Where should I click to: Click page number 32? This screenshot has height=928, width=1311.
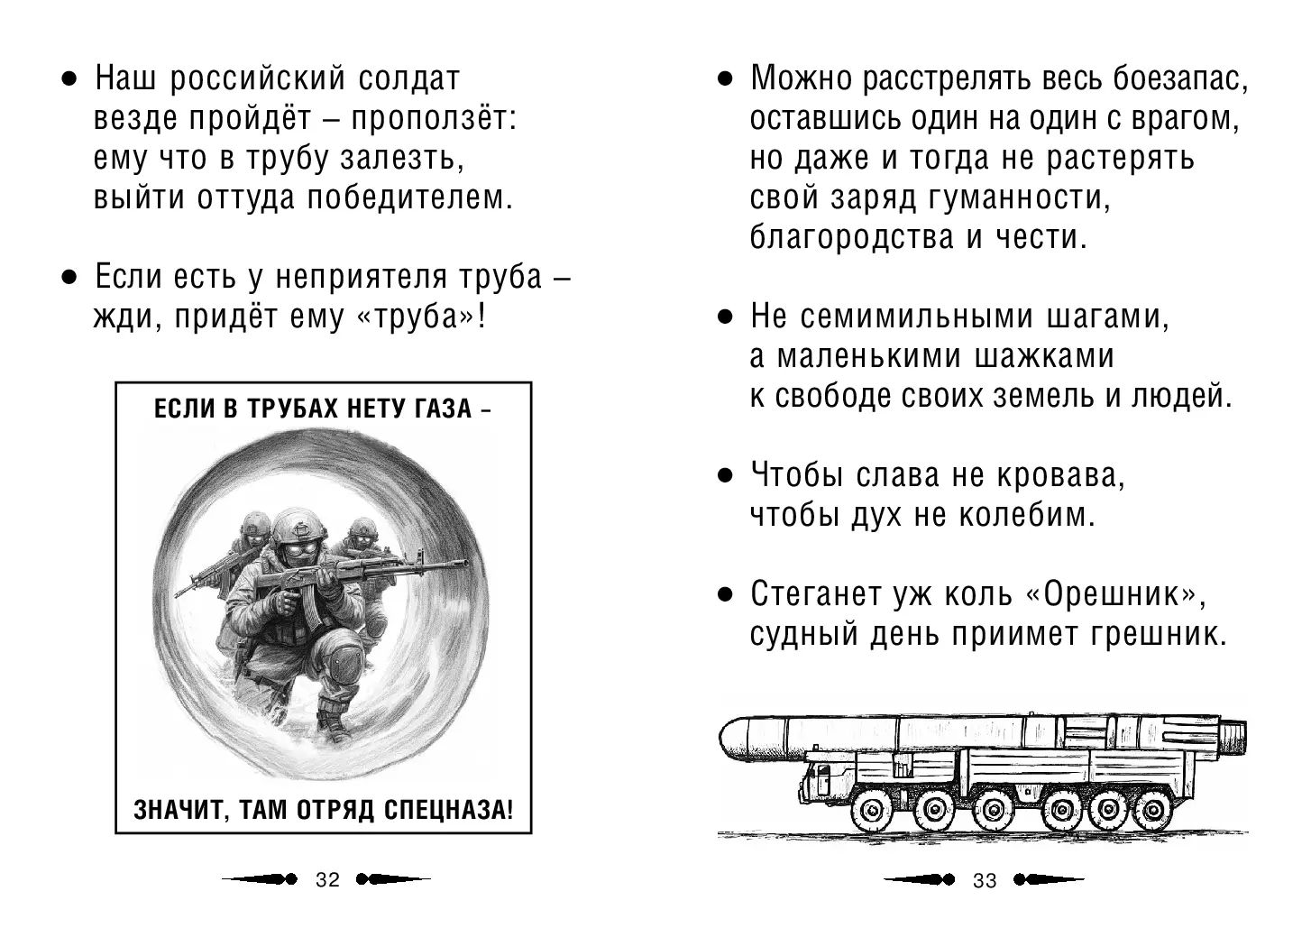click(327, 880)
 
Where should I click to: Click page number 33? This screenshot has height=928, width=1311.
click(985, 880)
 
